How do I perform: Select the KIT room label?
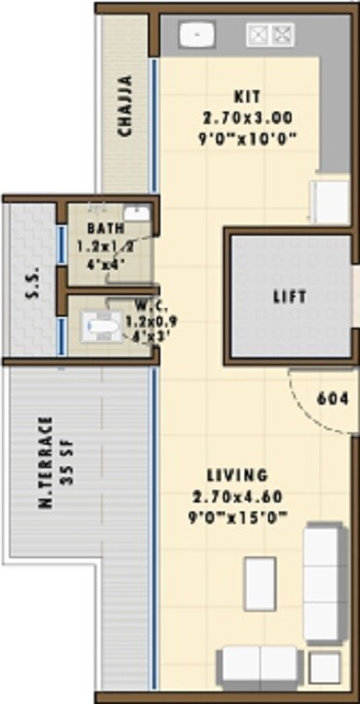click(x=246, y=96)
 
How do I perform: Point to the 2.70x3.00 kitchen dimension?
click(x=247, y=117)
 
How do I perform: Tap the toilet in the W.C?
click(x=99, y=326)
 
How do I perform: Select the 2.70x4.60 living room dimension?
click(x=240, y=498)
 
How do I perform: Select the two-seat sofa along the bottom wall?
click(x=257, y=666)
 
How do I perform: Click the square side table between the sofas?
click(x=322, y=667)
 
